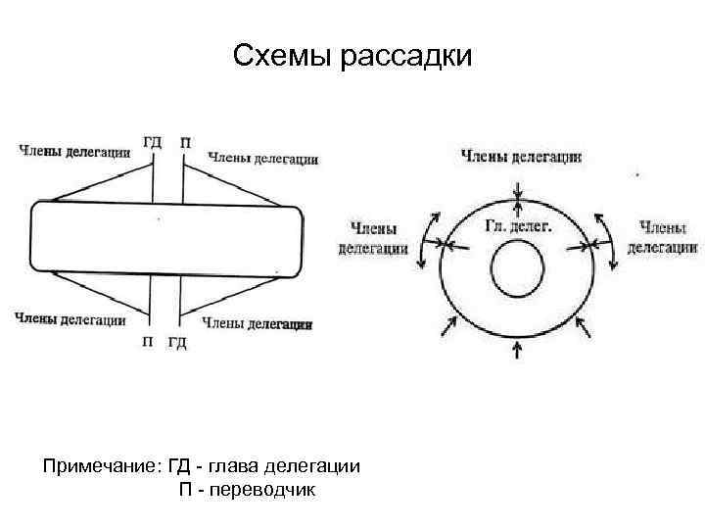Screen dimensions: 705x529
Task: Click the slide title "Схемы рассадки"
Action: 352,57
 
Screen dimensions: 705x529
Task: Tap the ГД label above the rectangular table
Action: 153,142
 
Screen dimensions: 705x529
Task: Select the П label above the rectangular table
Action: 185,142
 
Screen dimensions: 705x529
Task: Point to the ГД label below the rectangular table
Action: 177,342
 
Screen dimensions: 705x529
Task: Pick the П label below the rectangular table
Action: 147,342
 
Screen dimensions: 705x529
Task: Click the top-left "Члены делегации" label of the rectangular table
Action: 72,150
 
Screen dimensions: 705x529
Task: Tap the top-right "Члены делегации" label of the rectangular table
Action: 263,158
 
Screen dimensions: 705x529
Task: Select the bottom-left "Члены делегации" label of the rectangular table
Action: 70,317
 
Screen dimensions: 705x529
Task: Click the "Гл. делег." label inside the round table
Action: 518,225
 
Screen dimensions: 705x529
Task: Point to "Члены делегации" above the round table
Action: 522,156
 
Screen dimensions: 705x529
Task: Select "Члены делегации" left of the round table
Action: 373,238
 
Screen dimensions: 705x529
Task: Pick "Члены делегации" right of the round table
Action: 662,236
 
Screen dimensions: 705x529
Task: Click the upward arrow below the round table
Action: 518,348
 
